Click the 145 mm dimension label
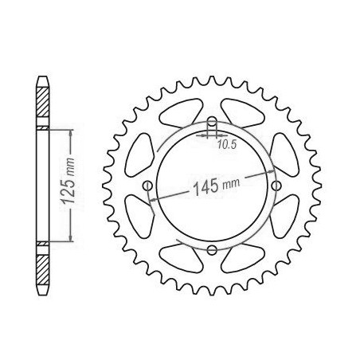(x=216, y=186)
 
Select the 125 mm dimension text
(x=68, y=181)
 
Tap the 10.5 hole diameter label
(x=227, y=144)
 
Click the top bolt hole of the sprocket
(x=212, y=122)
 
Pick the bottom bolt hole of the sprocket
(x=212, y=249)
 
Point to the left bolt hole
(x=147, y=186)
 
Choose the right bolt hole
(x=276, y=186)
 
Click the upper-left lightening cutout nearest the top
(x=181, y=113)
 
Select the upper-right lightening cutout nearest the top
(x=243, y=113)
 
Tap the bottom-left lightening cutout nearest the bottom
(x=182, y=258)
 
